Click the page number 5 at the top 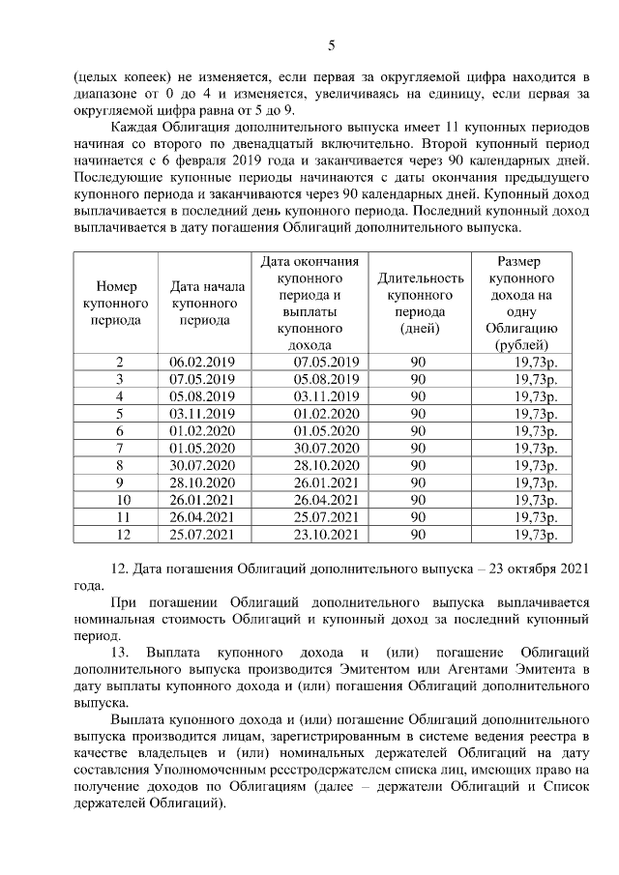(x=332, y=45)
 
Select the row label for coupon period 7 (x=120, y=448)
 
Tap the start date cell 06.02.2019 (x=202, y=362)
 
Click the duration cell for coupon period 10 (x=419, y=500)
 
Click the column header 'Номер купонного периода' (x=120, y=303)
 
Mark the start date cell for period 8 (x=202, y=465)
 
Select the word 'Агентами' (x=470, y=668)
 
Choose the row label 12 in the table (x=120, y=534)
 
